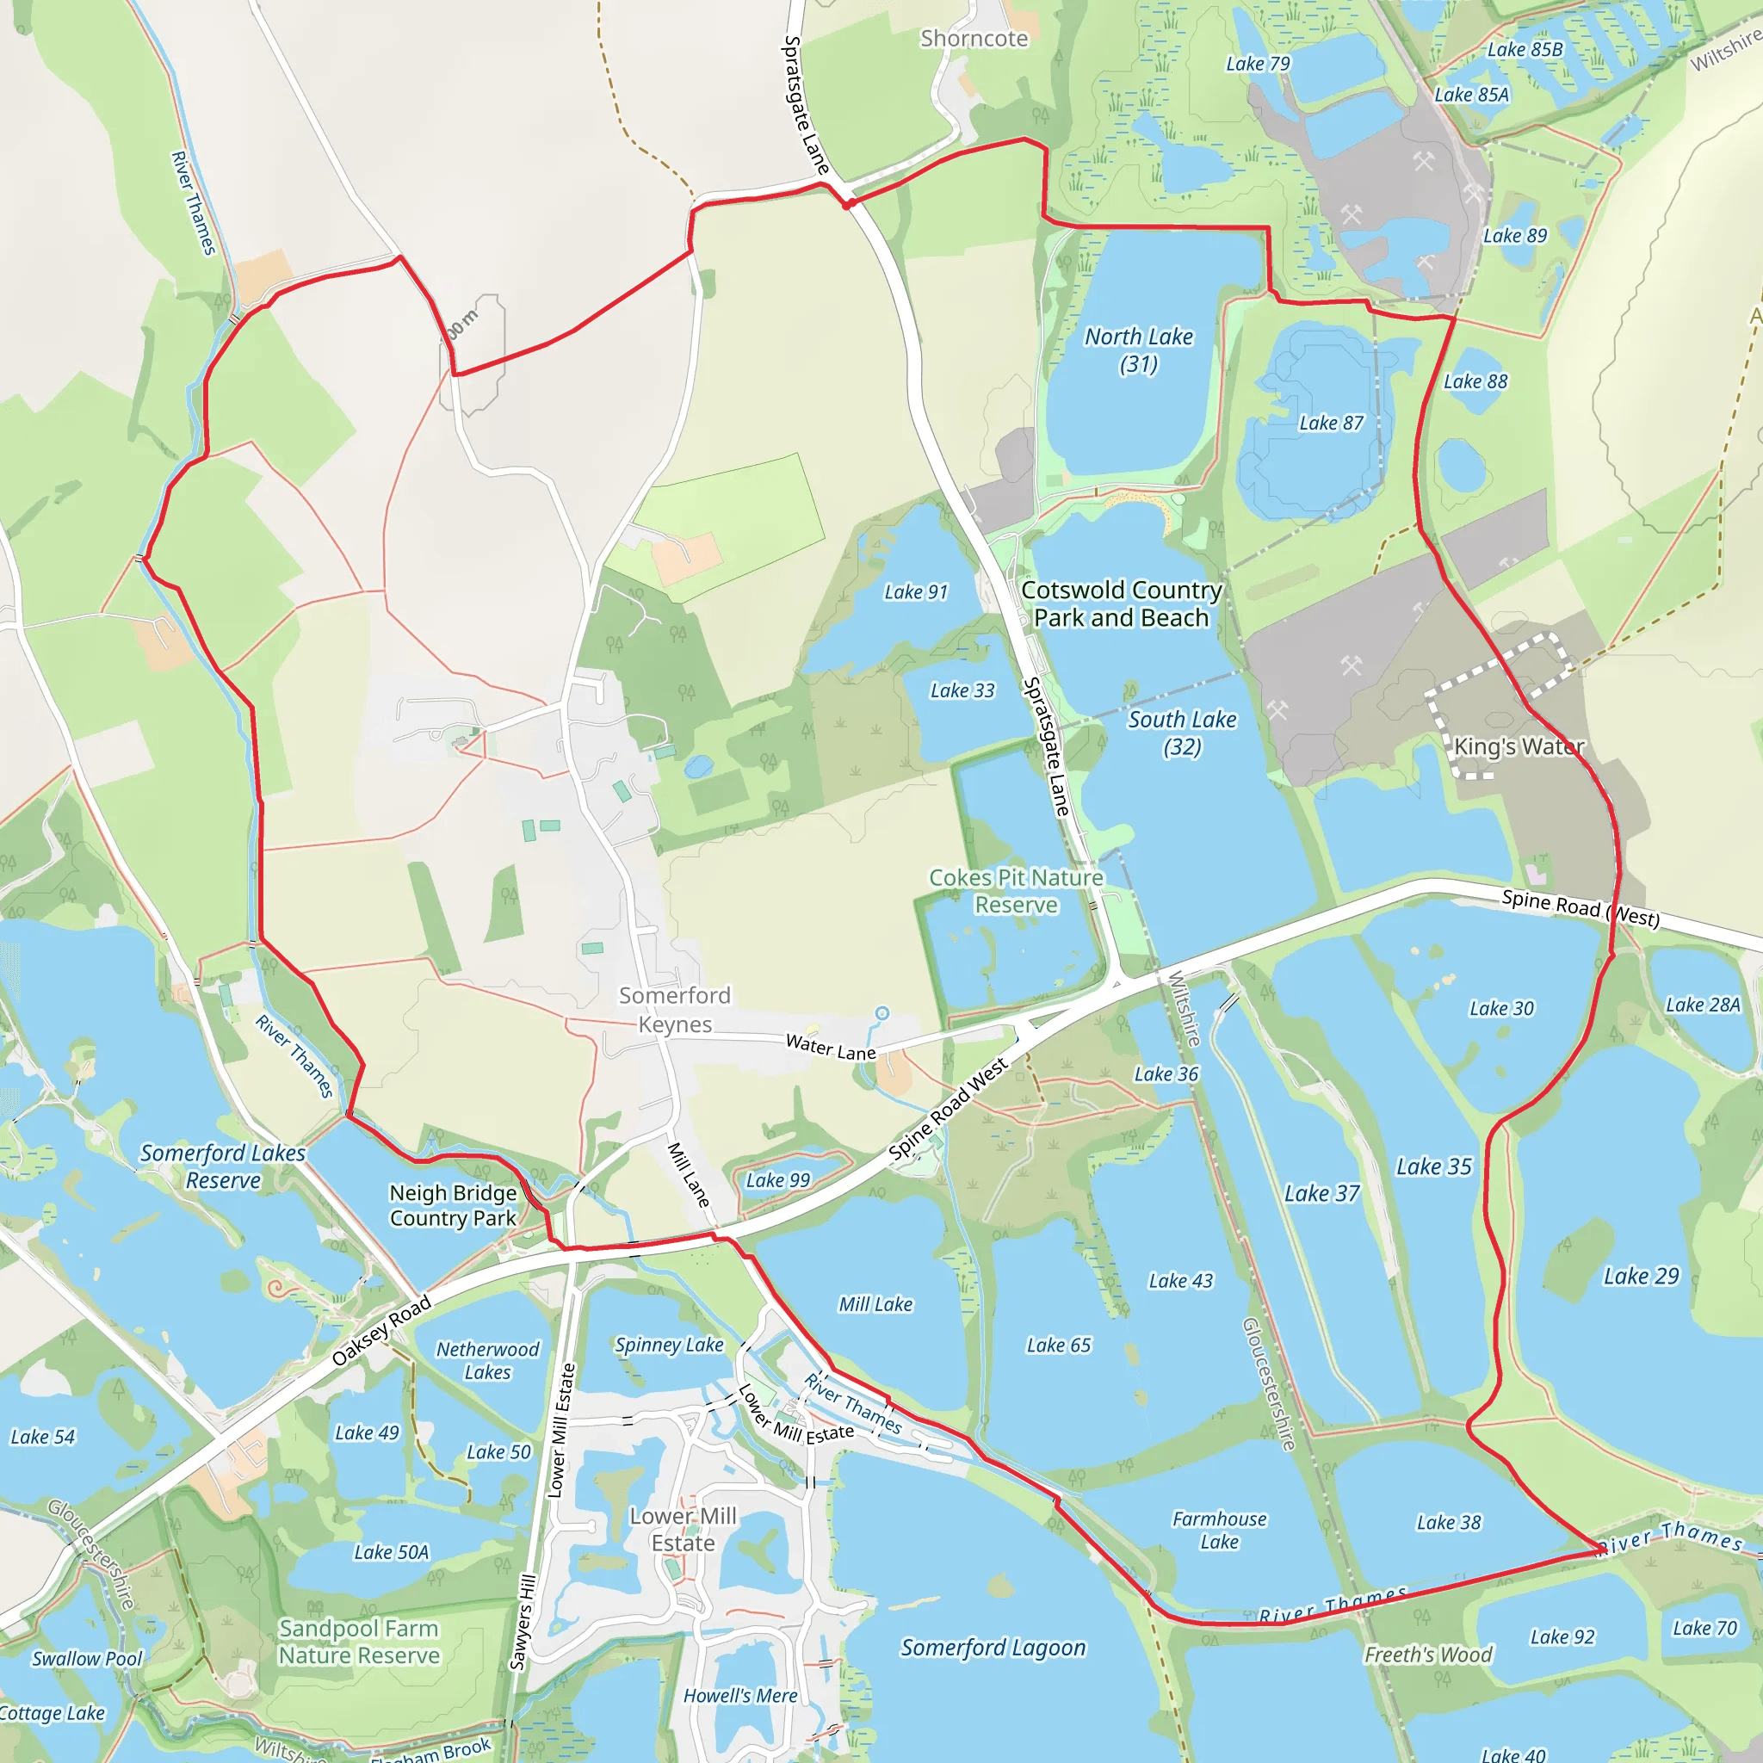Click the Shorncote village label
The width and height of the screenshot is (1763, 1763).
pos(974,39)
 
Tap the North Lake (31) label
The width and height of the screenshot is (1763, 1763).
pos(1138,350)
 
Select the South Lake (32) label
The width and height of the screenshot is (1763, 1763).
pos(1182,733)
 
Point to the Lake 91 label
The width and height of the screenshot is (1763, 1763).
pos(916,592)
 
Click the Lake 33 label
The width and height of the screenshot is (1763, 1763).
pos(962,690)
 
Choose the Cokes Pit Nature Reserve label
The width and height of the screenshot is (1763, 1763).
pos(1017,891)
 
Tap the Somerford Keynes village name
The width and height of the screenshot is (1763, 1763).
pos(674,1009)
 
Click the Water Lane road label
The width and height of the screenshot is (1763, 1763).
pos(831,1047)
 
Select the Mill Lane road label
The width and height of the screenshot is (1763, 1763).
pos(689,1174)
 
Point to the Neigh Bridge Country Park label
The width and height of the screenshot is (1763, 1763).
pos(453,1205)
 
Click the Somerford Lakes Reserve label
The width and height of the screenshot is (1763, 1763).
pos(223,1166)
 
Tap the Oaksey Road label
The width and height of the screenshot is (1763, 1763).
pos(380,1331)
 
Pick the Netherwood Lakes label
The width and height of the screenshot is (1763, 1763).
pos(487,1361)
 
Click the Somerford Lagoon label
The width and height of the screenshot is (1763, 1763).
pos(993,1647)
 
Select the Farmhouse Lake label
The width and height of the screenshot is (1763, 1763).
pos(1219,1531)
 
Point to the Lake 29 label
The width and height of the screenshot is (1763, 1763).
pos(1641,1276)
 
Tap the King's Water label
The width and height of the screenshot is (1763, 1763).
pos(1519,746)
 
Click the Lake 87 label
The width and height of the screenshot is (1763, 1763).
pos(1331,423)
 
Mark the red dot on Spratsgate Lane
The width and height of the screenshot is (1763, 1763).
pos(848,204)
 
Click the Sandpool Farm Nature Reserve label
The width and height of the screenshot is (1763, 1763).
pos(359,1642)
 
